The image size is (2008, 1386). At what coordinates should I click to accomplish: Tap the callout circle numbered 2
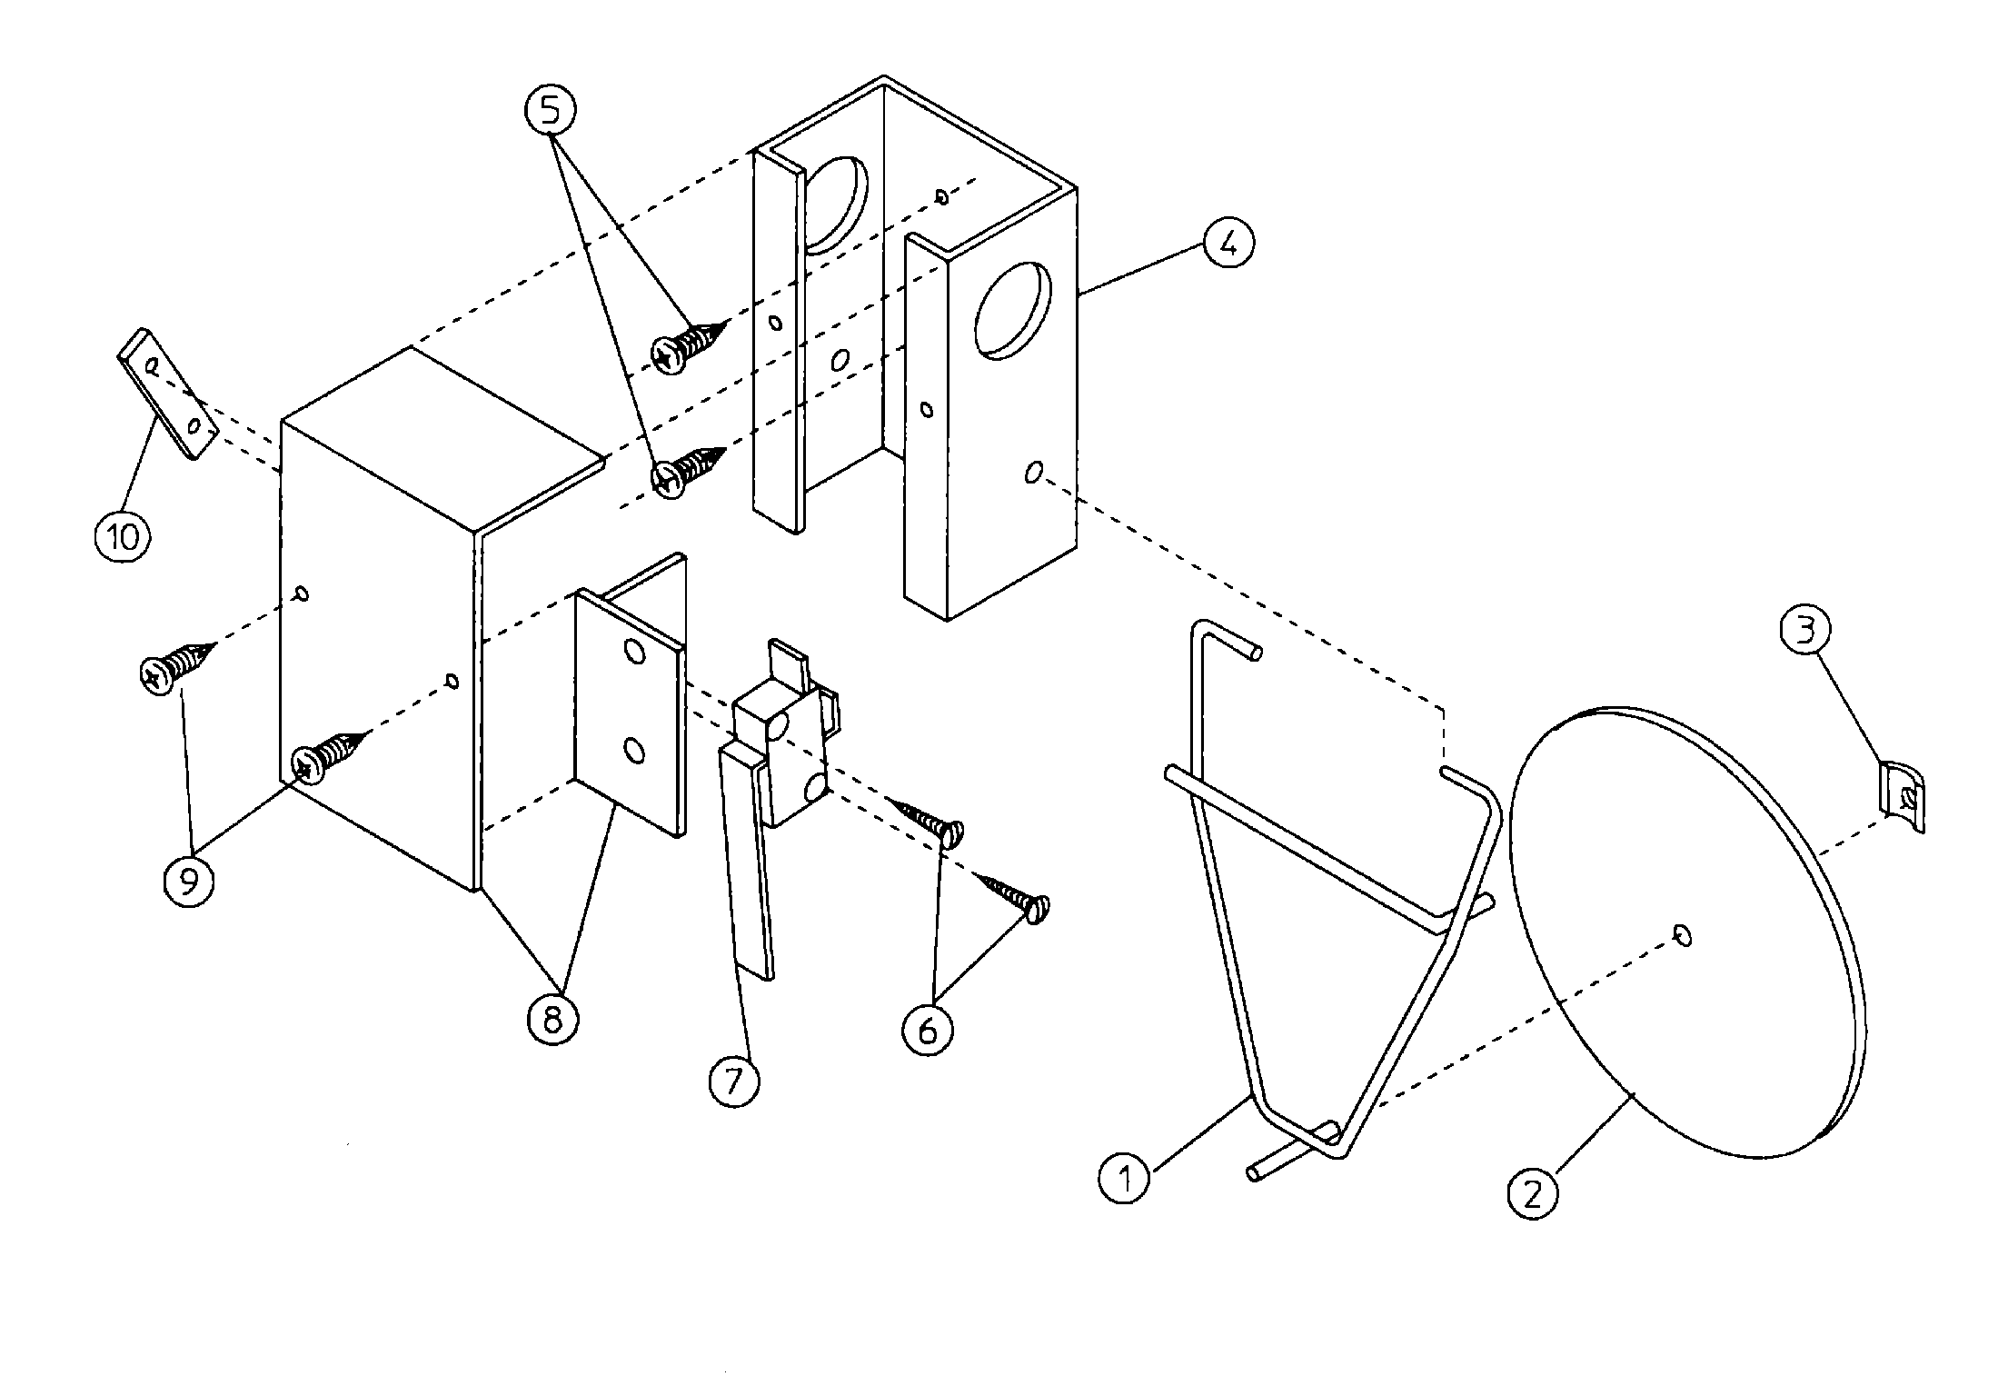pyautogui.click(x=1534, y=1193)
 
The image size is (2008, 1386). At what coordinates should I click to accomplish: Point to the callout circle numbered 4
pyautogui.click(x=1228, y=244)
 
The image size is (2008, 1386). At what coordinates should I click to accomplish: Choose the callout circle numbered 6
pyautogui.click(x=928, y=1031)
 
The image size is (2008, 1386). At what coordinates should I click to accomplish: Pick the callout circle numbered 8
pyautogui.click(x=552, y=1021)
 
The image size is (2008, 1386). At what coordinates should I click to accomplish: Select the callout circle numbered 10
pyautogui.click(x=123, y=536)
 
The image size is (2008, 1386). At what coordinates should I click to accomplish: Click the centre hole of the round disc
pyautogui.click(x=1683, y=935)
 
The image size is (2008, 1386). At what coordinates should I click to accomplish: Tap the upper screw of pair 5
pyautogui.click(x=689, y=344)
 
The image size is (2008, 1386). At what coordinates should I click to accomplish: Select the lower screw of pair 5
pyautogui.click(x=689, y=468)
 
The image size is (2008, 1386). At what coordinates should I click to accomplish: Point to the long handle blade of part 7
pyautogui.click(x=747, y=863)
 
